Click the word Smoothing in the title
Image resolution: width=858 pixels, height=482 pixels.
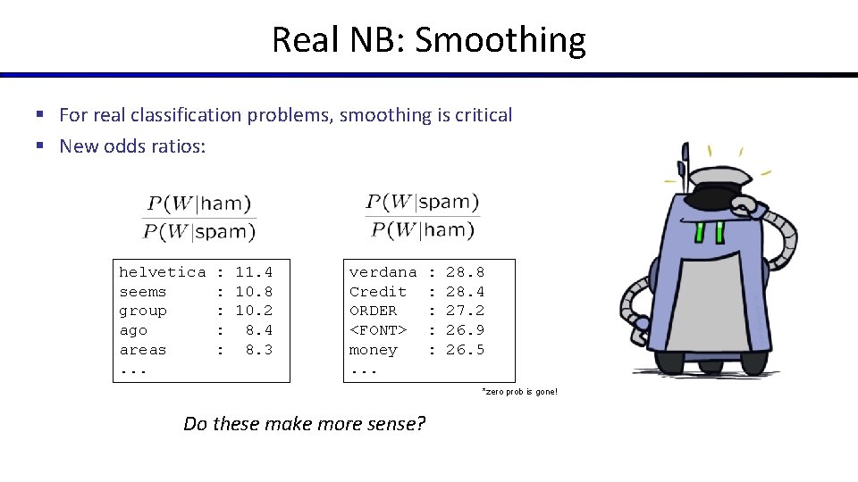tap(500, 41)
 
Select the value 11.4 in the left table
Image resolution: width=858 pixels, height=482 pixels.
tap(254, 272)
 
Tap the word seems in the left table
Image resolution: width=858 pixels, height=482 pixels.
tap(143, 292)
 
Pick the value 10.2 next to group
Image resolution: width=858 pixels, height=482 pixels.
tap(254, 312)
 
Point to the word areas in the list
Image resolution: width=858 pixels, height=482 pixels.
tap(143, 350)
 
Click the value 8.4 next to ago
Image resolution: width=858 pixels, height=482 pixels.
tap(259, 330)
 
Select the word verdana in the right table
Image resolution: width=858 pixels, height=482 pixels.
tap(383, 272)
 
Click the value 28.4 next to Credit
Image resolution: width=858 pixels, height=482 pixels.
tap(465, 292)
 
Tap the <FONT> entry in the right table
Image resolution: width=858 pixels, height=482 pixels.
tap(378, 330)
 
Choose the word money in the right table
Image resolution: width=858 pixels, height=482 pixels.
tap(373, 350)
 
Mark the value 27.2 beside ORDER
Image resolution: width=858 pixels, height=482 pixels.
tap(465, 312)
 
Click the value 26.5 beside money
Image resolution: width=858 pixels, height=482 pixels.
tap(465, 350)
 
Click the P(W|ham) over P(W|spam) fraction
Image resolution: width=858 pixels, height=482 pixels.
tap(198, 218)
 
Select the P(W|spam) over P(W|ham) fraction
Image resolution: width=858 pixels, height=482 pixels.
tap(423, 215)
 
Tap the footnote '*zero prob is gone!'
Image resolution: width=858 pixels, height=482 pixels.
tap(519, 393)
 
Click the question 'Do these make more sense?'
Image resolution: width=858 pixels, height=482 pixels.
tap(304, 424)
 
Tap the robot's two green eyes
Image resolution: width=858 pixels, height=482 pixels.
tap(710, 232)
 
